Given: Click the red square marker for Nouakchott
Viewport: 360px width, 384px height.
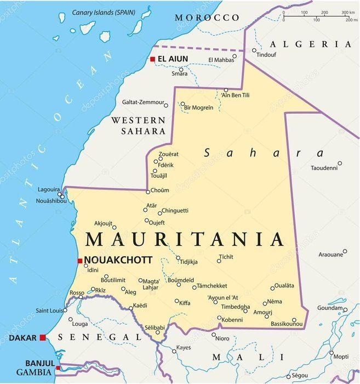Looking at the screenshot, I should pyautogui.click(x=80, y=261).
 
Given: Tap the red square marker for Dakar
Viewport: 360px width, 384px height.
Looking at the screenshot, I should pyautogui.click(x=43, y=337).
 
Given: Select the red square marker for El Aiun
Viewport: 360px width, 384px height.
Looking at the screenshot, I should pyautogui.click(x=152, y=59).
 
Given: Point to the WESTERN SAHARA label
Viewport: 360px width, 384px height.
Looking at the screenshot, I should pyautogui.click(x=138, y=126).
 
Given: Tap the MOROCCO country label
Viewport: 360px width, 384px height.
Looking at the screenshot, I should pyautogui.click(x=207, y=18).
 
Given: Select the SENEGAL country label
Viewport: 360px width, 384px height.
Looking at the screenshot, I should pyautogui.click(x=100, y=336).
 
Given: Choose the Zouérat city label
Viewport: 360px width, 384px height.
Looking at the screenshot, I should pyautogui.click(x=168, y=155).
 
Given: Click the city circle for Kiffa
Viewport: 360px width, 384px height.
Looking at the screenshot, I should pyautogui.click(x=176, y=301).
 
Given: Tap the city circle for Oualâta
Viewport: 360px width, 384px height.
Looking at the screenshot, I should pyautogui.click(x=272, y=288).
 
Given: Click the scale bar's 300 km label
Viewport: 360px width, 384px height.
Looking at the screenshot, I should pyautogui.click(x=347, y=12).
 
